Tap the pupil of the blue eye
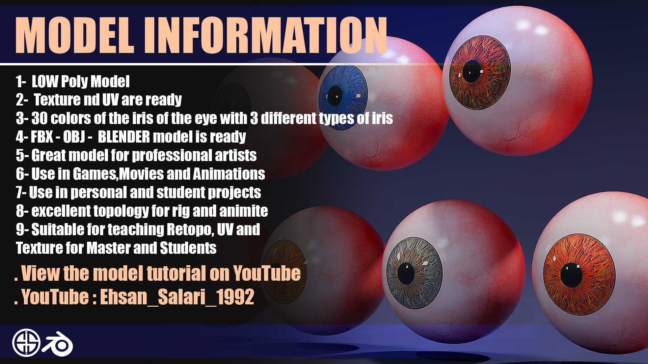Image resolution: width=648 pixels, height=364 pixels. pyautogui.click(x=334, y=96)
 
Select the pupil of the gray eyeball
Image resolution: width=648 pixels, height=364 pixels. pyautogui.click(x=406, y=273)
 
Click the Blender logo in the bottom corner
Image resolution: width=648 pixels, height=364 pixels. pyautogui.click(x=58, y=344)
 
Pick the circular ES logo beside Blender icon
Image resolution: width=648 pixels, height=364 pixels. pyautogui.click(x=26, y=343)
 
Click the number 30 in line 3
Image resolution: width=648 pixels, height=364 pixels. pyautogui.click(x=39, y=118)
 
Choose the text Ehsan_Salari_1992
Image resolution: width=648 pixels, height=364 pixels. pyautogui.click(x=177, y=297)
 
